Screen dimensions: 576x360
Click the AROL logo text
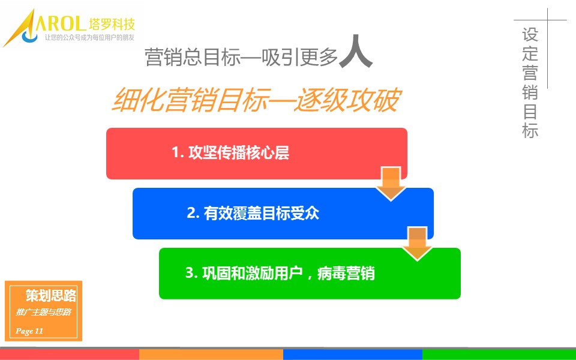point(59,23)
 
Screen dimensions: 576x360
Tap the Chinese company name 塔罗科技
point(112,24)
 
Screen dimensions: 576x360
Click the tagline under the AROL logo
point(89,37)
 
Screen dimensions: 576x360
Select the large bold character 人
point(355,52)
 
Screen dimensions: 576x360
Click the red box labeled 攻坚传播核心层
point(256,154)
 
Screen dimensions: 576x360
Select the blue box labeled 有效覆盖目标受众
point(283,214)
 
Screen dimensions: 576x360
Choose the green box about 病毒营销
point(310,274)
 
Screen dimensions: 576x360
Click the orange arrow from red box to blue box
point(391,184)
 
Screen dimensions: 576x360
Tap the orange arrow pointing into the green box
point(418,244)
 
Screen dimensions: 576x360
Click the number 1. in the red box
point(178,152)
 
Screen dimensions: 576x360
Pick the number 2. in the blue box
point(193,213)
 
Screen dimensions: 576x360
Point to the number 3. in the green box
point(192,273)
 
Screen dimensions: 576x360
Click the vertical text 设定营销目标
point(530,83)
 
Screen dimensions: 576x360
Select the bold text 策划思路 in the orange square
point(51,295)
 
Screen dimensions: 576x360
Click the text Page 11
point(29,331)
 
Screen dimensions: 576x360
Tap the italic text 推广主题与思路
point(43,312)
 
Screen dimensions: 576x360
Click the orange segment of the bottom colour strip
point(211,355)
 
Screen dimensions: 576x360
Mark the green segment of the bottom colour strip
point(499,355)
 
